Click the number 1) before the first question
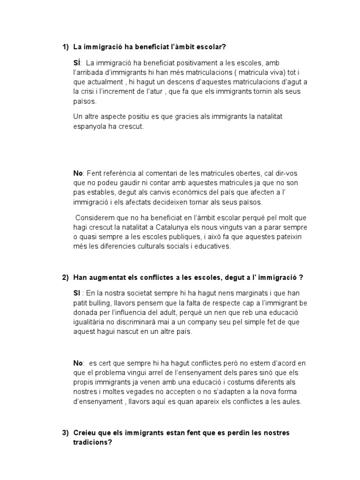(66, 47)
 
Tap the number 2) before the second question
(66, 278)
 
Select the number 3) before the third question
(66, 433)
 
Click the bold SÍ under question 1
(77, 62)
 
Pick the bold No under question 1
(78, 173)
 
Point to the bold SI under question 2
(77, 292)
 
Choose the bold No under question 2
(78, 363)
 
